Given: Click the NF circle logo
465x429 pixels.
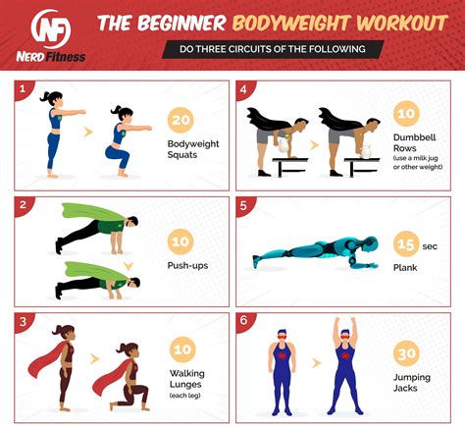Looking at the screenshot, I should coord(54,25).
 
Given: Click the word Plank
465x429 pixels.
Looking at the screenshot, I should coord(405,266).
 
